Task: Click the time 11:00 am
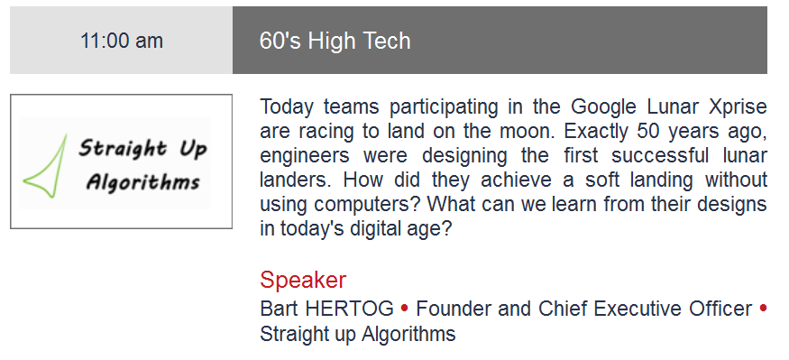[x=122, y=41]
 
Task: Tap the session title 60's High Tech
[x=335, y=41]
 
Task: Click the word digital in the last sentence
[x=379, y=229]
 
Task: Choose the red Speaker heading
[x=303, y=280]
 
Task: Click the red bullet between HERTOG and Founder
[x=405, y=309]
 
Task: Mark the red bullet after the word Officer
[x=763, y=309]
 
